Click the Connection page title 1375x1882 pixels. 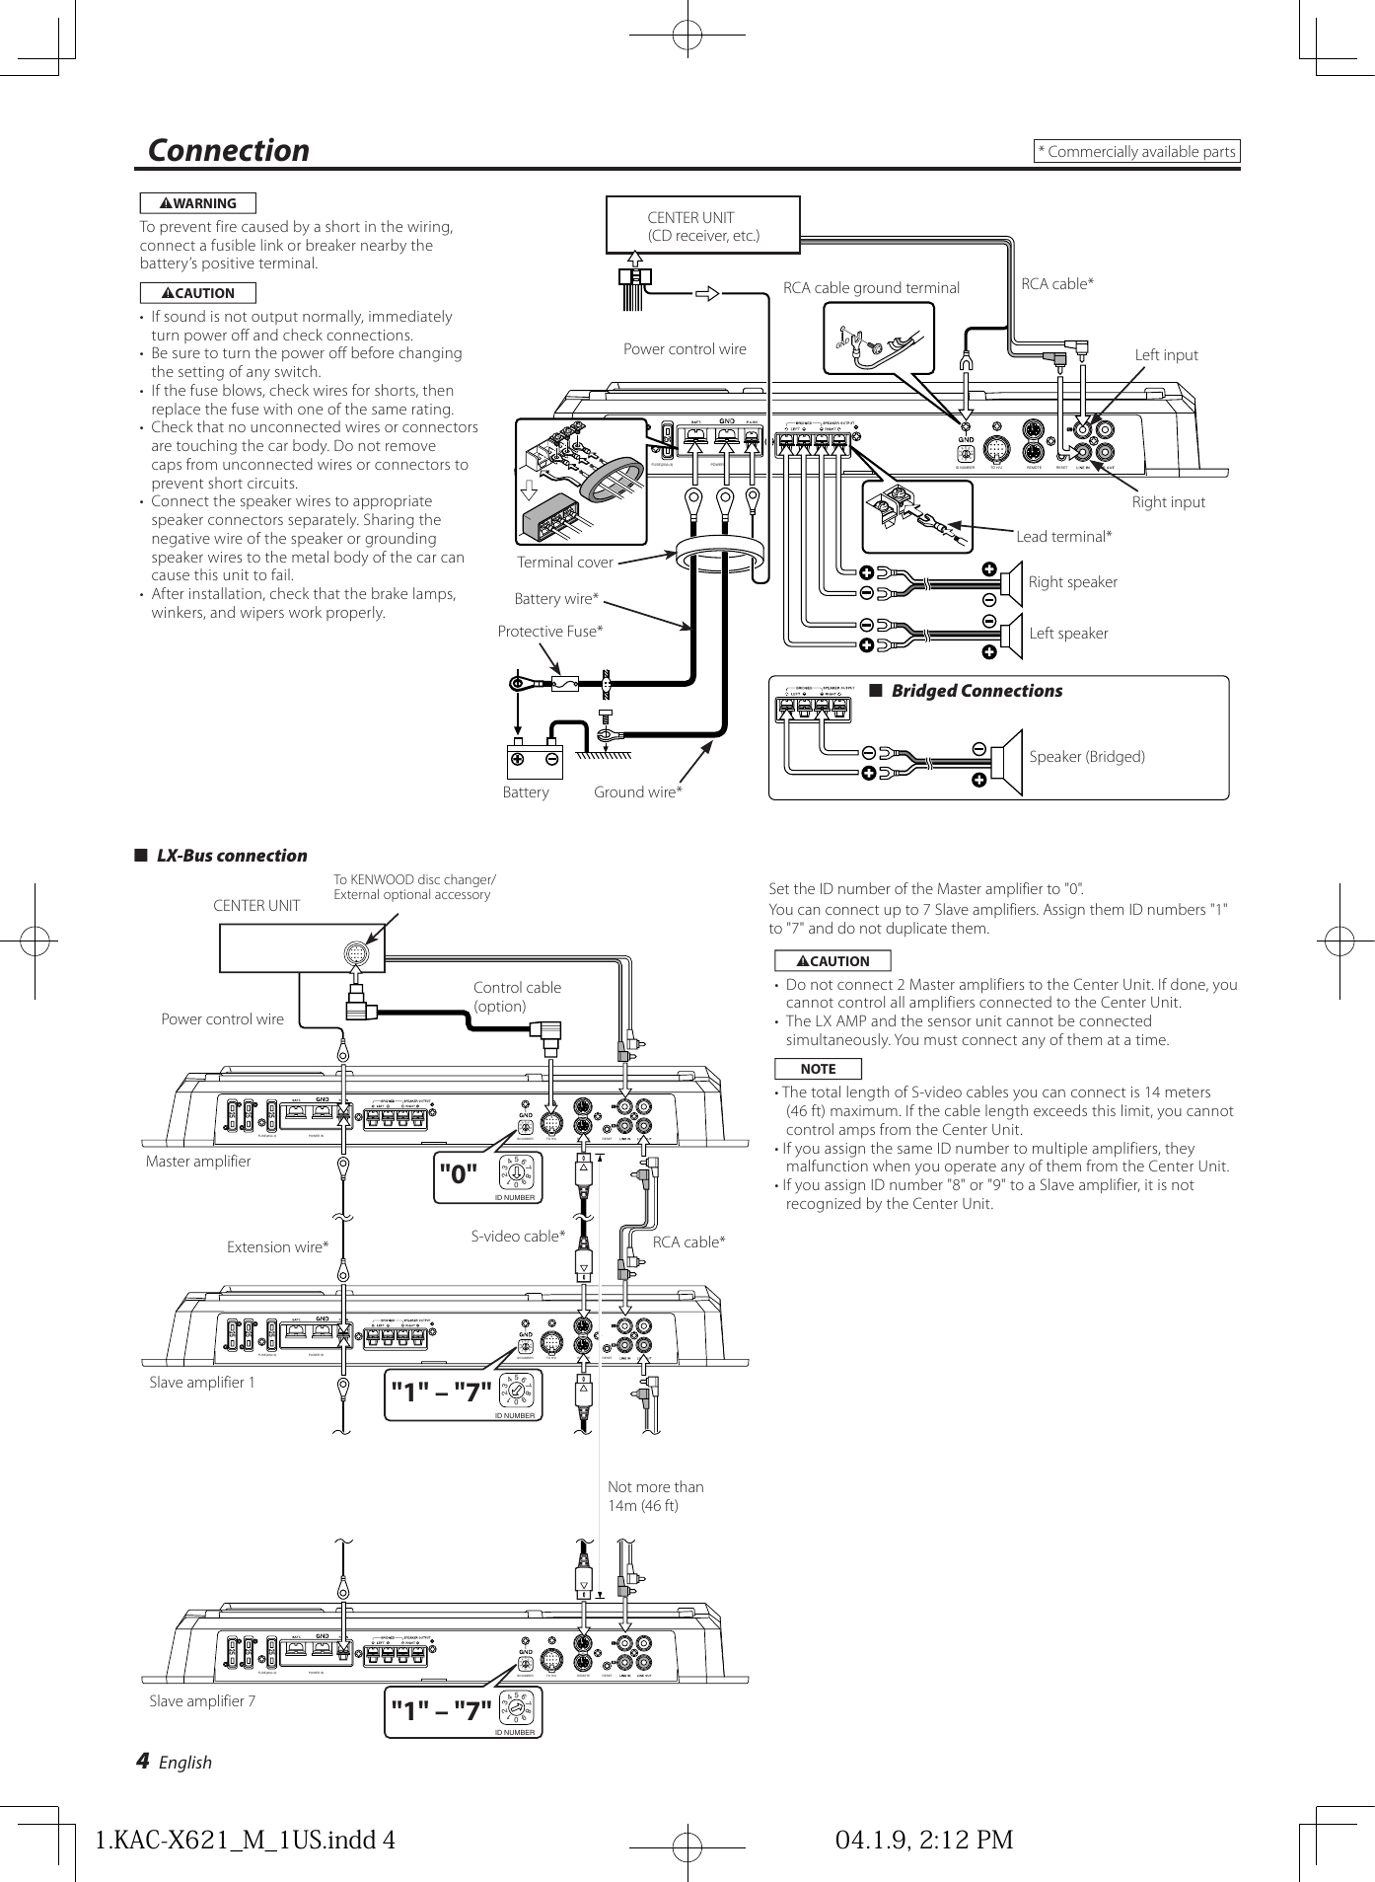point(228,150)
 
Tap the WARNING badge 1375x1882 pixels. point(197,203)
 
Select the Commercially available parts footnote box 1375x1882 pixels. point(1136,151)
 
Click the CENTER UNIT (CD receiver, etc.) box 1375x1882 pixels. point(702,226)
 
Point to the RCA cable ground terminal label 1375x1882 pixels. point(871,288)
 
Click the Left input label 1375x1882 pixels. point(1166,355)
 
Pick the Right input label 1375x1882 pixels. point(1168,502)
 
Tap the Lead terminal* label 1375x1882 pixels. point(1063,537)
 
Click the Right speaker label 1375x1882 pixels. point(1072,582)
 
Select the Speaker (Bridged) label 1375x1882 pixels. point(1087,757)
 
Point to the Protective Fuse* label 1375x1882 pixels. point(549,632)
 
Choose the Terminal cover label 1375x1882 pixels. point(564,563)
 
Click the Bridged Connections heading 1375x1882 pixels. point(976,691)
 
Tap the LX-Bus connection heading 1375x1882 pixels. point(231,856)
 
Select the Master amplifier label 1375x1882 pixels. point(198,1162)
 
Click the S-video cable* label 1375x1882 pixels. point(518,1237)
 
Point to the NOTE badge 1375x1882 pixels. point(818,1069)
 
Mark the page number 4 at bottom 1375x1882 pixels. point(143,1761)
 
